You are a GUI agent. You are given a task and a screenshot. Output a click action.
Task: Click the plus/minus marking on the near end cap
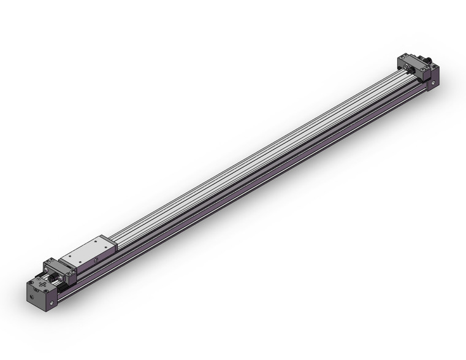42,284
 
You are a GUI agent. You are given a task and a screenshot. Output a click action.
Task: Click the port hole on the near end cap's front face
32,297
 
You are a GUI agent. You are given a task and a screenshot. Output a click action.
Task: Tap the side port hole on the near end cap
52,302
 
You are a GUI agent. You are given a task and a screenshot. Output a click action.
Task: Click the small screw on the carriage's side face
96,261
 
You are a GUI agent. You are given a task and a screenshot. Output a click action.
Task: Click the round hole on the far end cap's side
433,83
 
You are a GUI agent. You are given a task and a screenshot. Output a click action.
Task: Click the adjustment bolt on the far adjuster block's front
406,67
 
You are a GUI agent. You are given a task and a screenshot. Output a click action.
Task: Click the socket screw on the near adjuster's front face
60,278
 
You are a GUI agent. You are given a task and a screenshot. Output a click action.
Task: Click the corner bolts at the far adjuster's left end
403,57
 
